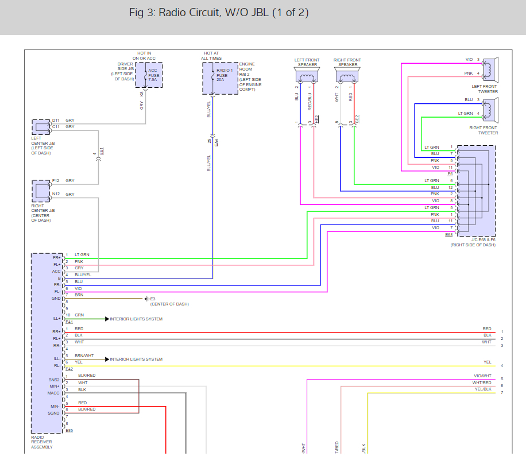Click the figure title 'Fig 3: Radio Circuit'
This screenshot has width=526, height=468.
pyautogui.click(x=219, y=13)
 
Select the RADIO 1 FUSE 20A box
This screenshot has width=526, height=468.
pyautogui.click(x=220, y=78)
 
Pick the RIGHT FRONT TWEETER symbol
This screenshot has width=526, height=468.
pyautogui.click(x=489, y=109)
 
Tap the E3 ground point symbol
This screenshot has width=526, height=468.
pyautogui.click(x=147, y=299)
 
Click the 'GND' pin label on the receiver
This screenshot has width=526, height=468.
pyautogui.click(x=56, y=299)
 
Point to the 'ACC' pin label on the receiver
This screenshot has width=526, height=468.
pyautogui.click(x=56, y=272)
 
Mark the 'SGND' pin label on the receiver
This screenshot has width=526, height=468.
pyautogui.click(x=55, y=413)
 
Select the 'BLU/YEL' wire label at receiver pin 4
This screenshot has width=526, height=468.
pyautogui.click(x=83, y=275)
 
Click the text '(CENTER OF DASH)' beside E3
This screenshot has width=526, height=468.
pyautogui.click(x=169, y=304)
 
